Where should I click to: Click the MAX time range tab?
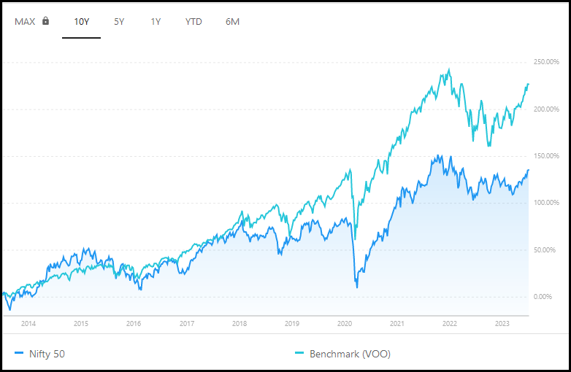(25, 22)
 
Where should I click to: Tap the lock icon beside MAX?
(45, 20)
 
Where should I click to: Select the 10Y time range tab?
(82, 22)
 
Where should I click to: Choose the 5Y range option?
(119, 22)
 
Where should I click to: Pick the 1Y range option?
(156, 22)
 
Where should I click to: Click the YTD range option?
(193, 22)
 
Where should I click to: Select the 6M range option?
(232, 22)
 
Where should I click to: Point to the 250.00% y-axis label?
(546, 62)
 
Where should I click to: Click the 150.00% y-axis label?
(546, 156)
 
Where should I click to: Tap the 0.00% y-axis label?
(543, 297)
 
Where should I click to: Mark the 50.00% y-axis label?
(545, 249)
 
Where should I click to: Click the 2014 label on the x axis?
(28, 324)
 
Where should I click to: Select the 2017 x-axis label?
(187, 324)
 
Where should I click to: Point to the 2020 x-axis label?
(345, 324)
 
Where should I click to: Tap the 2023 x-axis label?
(502, 324)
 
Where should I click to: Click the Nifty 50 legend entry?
(39, 354)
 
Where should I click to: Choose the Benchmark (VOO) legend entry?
(342, 354)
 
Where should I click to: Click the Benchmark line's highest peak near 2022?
(449, 69)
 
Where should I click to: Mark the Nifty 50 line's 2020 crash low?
(357, 287)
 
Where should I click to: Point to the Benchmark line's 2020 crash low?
(356, 239)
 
